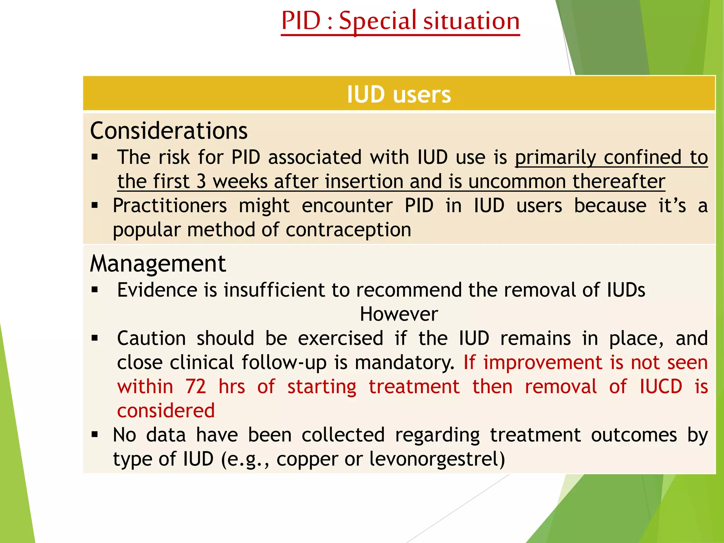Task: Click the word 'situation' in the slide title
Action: pos(472,21)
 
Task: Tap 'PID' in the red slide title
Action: pos(301,21)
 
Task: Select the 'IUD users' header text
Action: pos(399,94)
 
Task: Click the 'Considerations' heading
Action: pos(169,131)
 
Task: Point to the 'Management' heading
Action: pos(158,264)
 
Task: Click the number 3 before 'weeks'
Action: pos(201,181)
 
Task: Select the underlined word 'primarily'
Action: pos(555,157)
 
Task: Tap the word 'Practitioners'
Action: pos(170,206)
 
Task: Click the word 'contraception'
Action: pos(348,230)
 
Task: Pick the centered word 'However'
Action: pos(399,314)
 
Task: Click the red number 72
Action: pos(196,386)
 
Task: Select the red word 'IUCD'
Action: pos(661,386)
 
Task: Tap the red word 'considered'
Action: pos(166,411)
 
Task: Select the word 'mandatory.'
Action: pos(404,363)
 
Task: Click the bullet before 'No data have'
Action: pos(94,434)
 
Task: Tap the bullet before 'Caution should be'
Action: pos(94,338)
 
